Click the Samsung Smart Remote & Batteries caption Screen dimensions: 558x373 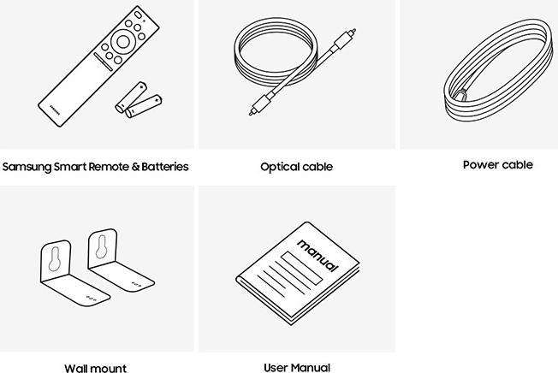[95, 167]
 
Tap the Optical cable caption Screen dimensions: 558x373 [296, 167]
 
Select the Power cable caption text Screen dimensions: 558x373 [498, 164]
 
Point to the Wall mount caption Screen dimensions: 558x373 [95, 368]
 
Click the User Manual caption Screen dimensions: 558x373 [297, 367]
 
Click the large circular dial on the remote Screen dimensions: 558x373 [123, 42]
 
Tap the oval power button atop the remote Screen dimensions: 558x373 [138, 15]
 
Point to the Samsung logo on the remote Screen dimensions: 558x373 [54, 110]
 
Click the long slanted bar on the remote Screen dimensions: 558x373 [103, 62]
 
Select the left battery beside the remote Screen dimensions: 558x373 [131, 97]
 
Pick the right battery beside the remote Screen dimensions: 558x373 [144, 106]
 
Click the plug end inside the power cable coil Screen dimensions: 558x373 [460, 95]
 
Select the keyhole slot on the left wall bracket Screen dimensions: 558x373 [55, 259]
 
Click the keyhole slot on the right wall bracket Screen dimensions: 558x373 [102, 246]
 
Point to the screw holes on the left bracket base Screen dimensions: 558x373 [91, 299]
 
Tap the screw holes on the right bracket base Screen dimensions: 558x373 [136, 284]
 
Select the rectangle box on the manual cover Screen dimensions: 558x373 [301, 268]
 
